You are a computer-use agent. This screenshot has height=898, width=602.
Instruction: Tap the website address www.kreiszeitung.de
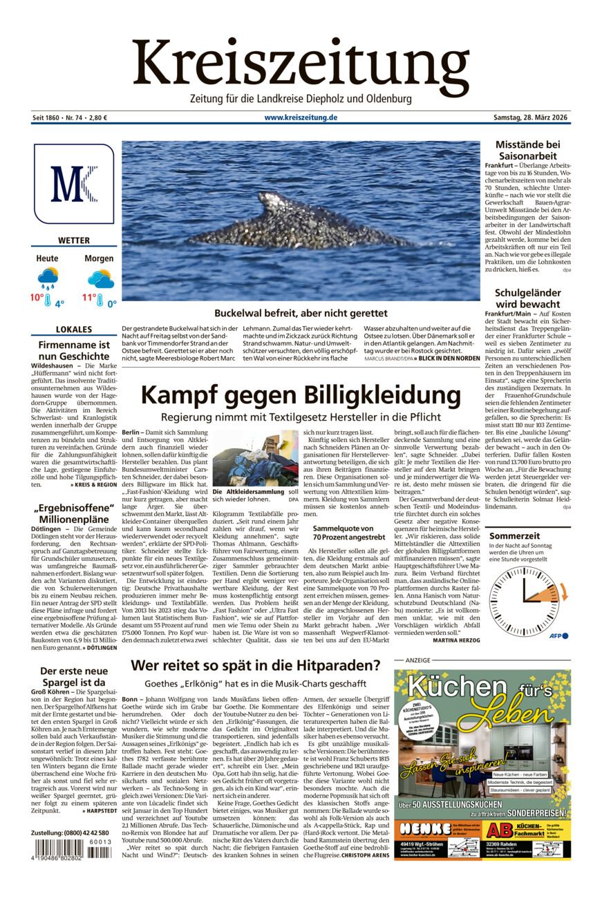[301, 117]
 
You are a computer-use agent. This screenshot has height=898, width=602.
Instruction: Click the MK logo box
[73, 184]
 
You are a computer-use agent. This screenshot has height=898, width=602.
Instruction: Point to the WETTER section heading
[74, 240]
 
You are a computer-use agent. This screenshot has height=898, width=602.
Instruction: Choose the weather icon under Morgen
[100, 278]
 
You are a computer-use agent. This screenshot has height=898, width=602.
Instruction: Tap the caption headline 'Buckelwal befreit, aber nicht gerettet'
[301, 312]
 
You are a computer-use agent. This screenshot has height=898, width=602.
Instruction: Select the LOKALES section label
[74, 329]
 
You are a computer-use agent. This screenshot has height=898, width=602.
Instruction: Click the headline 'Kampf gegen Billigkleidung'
[301, 396]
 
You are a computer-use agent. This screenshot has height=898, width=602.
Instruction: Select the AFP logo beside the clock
[558, 636]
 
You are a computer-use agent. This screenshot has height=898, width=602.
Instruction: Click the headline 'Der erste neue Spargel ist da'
[74, 677]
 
